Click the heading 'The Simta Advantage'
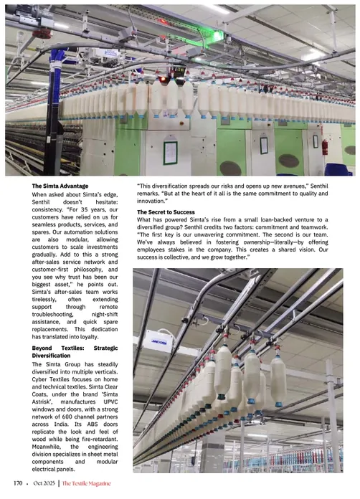(x=60, y=186)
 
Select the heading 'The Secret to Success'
(x=166, y=213)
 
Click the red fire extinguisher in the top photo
(x=325, y=149)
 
